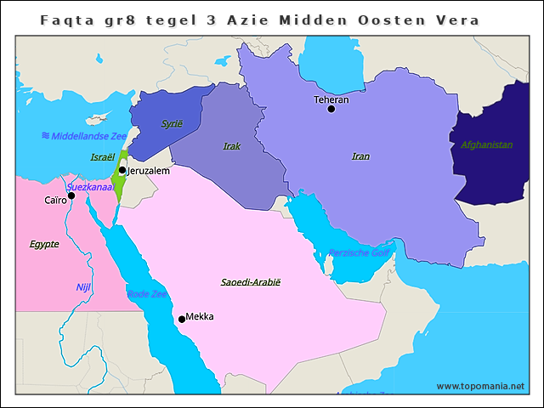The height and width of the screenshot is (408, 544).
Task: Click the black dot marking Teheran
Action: [331, 109]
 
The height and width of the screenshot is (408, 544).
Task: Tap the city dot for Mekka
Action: [181, 320]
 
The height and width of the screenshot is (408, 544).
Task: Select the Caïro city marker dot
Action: [71, 195]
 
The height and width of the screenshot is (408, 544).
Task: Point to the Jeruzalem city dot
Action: [122, 170]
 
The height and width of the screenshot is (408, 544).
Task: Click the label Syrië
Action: [172, 123]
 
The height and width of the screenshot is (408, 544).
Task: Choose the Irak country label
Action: [231, 146]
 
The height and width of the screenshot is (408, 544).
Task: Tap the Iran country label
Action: [360, 156]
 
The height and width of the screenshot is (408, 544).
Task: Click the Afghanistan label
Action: [486, 144]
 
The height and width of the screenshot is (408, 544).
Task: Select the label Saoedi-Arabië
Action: [250, 281]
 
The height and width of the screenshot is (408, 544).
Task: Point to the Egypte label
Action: [44, 244]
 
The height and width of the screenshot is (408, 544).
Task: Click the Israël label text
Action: [103, 157]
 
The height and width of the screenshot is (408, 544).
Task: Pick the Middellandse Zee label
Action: [84, 136]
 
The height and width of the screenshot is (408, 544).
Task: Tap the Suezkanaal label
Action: [90, 186]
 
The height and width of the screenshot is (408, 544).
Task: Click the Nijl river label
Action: [83, 287]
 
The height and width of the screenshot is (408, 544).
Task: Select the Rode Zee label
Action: [147, 294]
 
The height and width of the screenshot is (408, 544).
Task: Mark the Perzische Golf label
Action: [360, 253]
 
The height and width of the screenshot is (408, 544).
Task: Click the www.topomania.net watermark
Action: [480, 386]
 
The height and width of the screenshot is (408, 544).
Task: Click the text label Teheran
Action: [331, 99]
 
